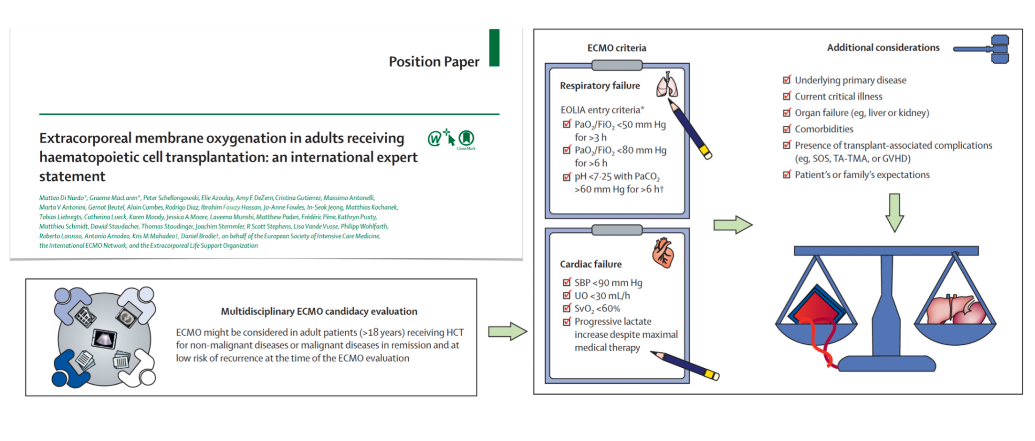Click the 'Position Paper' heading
click(x=434, y=62)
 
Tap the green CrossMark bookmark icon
click(x=466, y=138)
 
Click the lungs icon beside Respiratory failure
click(x=667, y=85)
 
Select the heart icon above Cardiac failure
click(x=663, y=252)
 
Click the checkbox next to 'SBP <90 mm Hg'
click(x=567, y=282)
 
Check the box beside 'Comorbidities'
click(x=787, y=129)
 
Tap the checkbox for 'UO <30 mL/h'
click(x=567, y=296)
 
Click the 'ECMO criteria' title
click(x=616, y=48)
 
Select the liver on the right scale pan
click(x=955, y=310)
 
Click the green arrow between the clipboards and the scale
click(x=732, y=225)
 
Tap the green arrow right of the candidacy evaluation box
click(x=507, y=332)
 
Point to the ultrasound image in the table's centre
click(x=104, y=338)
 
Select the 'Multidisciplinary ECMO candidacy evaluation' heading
click(x=319, y=311)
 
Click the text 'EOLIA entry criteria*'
click(x=602, y=110)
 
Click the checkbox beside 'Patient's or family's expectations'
click(x=787, y=175)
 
